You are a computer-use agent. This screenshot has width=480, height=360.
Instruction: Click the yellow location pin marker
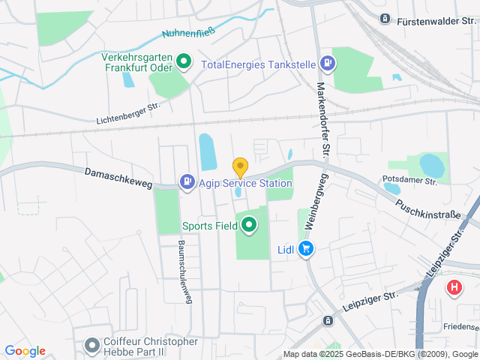point(240,167)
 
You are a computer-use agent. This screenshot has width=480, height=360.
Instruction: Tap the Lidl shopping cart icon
point(305,249)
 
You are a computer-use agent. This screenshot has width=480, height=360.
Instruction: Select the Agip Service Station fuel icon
point(186,181)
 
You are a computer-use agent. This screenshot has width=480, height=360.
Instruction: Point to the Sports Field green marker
point(247,223)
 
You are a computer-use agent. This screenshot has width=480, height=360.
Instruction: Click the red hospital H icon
point(454,287)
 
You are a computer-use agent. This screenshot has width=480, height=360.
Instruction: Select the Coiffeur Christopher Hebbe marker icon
point(92,346)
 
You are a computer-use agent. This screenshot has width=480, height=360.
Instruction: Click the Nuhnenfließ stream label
point(190,32)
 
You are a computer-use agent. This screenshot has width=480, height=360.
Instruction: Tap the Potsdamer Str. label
point(409,180)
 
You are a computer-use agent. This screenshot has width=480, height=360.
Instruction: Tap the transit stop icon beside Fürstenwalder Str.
point(385,18)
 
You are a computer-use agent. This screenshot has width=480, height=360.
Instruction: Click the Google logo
point(25,350)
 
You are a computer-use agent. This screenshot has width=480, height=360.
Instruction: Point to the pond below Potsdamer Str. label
point(391,189)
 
